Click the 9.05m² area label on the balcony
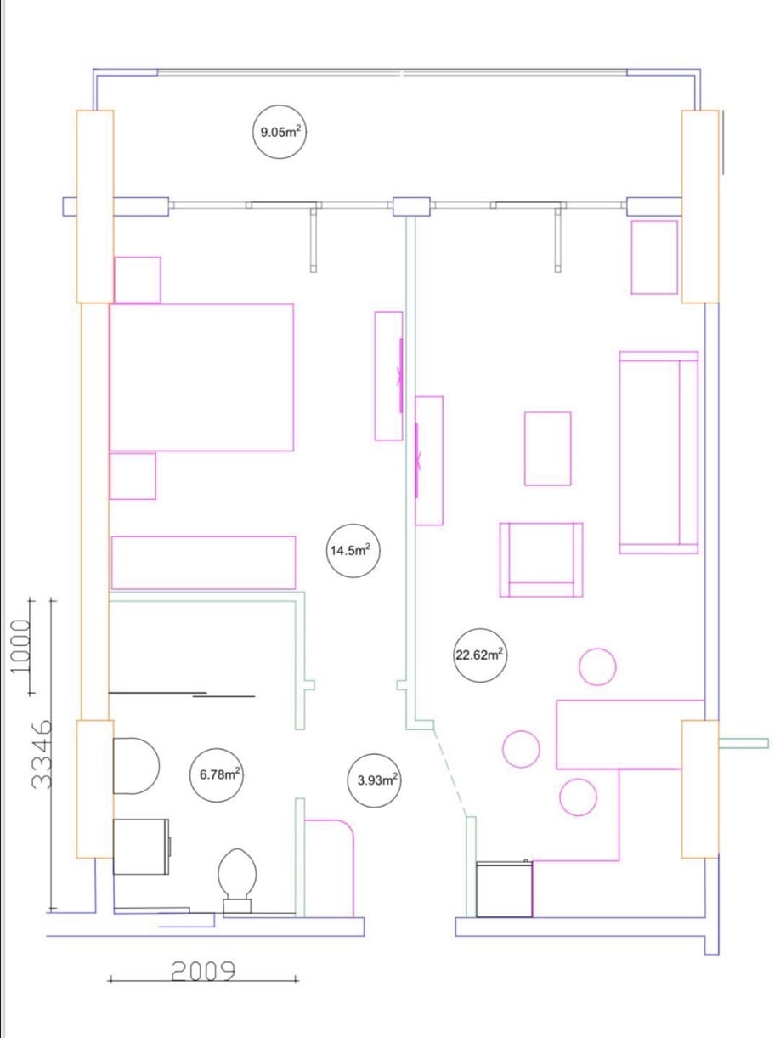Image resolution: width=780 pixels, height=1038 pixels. click(x=280, y=132)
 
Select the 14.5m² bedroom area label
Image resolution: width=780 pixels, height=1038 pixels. click(x=353, y=550)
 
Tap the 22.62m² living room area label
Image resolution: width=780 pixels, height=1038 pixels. click(x=479, y=655)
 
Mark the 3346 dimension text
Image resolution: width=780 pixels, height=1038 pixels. click(x=41, y=754)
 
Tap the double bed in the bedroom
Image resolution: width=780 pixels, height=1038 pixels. click(x=201, y=377)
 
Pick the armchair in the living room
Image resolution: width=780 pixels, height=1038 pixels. click(x=541, y=560)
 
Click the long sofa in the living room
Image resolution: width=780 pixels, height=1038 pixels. click(x=658, y=452)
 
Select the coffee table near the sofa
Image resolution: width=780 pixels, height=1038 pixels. click(x=547, y=448)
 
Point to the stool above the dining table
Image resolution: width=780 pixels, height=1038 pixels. click(x=597, y=666)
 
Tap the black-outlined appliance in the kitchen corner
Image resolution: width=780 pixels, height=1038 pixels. click(x=504, y=889)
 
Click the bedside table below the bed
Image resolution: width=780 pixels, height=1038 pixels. click(x=133, y=476)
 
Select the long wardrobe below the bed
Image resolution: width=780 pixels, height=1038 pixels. click(x=203, y=563)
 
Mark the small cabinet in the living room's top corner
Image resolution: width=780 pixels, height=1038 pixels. click(x=654, y=258)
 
